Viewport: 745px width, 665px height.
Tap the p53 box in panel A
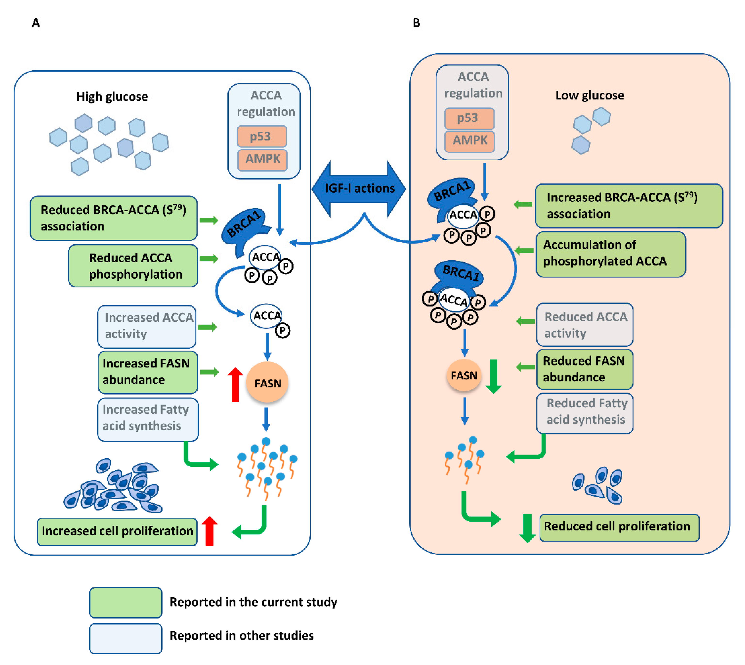[x=261, y=136]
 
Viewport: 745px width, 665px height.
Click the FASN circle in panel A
[x=267, y=383]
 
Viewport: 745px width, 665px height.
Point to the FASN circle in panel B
[x=463, y=375]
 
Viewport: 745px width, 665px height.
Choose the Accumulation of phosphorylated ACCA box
[x=610, y=254]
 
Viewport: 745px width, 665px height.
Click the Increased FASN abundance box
[x=147, y=372]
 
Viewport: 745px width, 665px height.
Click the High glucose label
[x=112, y=97]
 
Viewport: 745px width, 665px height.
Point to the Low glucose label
[x=589, y=95]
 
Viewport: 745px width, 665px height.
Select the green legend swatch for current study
[x=126, y=602]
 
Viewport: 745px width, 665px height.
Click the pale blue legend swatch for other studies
[x=126, y=638]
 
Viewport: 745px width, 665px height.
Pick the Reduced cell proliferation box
[x=619, y=527]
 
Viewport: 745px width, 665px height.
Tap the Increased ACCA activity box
[x=147, y=326]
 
